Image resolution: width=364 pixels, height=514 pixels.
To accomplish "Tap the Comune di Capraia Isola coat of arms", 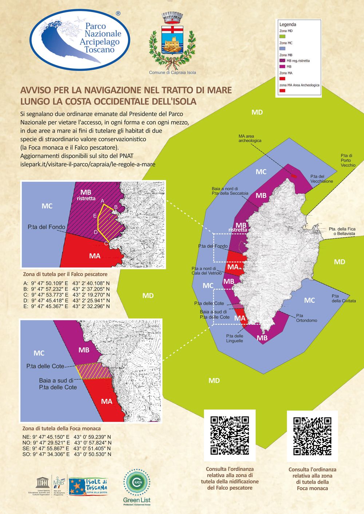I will coord(172,40).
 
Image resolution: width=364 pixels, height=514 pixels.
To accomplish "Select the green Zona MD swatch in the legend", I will coord(283,36).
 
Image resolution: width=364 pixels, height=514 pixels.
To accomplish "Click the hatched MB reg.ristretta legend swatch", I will coord(282,61).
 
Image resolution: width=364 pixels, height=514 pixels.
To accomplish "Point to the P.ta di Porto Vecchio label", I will coord(348,160).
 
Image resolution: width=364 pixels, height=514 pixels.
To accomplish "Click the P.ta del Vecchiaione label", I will coord(321,179).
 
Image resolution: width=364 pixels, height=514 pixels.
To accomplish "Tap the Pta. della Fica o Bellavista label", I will coord(342,231).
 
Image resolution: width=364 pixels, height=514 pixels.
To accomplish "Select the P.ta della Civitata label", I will coord(343,298).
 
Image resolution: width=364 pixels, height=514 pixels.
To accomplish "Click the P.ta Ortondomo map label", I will coord(306,318).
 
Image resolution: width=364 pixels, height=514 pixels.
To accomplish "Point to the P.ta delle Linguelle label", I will coord(234,338).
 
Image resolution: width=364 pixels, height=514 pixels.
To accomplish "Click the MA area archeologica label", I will coord(250,138).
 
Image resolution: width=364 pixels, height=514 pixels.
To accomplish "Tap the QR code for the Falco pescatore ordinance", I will coord(230,435).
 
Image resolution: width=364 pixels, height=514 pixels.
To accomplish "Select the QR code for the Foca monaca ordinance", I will coord(312,436).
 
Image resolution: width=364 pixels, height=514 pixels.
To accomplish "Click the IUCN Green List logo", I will coord(136,487).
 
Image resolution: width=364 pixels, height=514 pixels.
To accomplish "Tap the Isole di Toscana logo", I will coord(88,487).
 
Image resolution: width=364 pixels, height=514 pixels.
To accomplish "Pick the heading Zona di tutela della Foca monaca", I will coord(62,428).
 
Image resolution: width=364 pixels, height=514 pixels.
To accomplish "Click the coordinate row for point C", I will coord(66,295).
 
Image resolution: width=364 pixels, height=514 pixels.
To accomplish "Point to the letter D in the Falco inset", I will coord(96,232).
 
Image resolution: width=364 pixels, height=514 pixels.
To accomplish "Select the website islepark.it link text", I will coord(88,164).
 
